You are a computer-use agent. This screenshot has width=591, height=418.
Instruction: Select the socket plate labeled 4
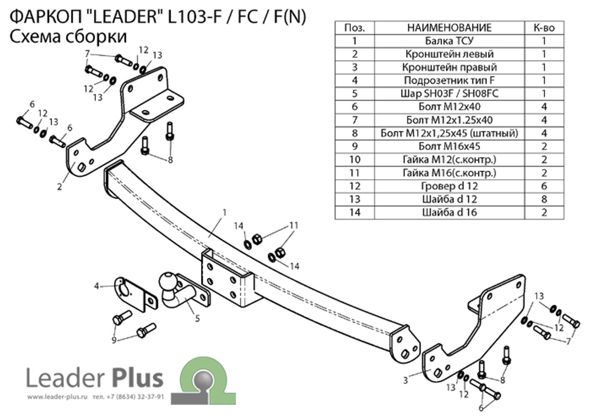[135, 294]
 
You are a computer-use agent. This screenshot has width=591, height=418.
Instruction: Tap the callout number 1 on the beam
[225, 213]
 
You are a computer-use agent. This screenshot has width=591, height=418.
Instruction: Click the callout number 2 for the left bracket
[59, 186]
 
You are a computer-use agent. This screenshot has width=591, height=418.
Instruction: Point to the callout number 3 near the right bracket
[405, 380]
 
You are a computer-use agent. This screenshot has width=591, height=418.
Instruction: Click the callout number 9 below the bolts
[114, 340]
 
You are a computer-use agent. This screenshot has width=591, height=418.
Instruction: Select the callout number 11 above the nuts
[294, 225]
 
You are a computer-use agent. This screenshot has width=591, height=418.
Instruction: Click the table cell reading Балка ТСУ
[449, 41]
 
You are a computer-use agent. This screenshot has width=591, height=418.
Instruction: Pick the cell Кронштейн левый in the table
[449, 54]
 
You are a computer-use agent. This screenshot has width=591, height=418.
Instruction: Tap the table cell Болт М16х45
[449, 146]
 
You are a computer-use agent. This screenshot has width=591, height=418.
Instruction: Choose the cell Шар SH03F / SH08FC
[449, 93]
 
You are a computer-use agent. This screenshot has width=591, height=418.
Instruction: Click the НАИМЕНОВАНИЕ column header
[449, 28]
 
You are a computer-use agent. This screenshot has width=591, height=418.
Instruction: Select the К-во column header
[544, 28]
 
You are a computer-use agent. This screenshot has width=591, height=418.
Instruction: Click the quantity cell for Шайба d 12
[544, 199]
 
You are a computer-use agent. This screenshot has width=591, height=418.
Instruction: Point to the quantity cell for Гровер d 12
[544, 186]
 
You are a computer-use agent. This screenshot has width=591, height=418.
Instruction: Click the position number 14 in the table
[355, 212]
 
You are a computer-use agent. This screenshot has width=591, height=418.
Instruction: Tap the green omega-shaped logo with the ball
[204, 380]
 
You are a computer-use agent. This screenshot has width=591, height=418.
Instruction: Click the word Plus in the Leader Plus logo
[138, 378]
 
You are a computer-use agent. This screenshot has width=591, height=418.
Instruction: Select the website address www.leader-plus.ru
[57, 397]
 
